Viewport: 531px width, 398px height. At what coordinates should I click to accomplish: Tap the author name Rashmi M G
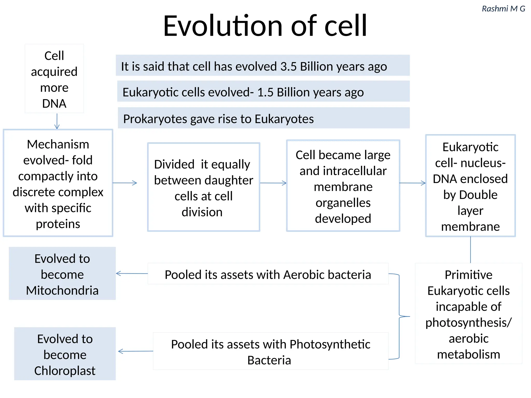point(503,9)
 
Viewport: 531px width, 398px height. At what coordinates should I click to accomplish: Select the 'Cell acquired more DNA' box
point(54,78)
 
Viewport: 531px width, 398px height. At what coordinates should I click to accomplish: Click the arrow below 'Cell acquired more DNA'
point(57,121)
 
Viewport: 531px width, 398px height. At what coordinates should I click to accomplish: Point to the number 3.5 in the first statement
point(288,67)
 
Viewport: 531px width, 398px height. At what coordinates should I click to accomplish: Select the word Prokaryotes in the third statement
point(155,119)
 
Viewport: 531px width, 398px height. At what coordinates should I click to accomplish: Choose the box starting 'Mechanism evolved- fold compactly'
point(58,183)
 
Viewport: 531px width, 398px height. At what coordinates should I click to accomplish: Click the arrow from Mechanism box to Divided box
point(125,183)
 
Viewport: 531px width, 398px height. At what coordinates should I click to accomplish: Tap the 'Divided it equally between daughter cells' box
point(204,187)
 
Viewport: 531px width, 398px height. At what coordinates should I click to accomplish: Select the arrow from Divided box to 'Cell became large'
point(273,183)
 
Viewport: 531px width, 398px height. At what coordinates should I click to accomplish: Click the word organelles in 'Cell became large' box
point(343,203)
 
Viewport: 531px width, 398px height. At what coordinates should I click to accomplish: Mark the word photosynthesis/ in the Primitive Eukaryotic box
point(469,323)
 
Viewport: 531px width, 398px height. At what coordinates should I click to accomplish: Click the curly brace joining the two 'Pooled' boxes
point(399,316)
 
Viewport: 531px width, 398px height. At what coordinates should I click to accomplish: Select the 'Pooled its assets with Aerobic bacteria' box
point(268,274)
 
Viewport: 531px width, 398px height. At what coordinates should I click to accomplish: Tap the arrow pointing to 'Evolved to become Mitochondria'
point(132,273)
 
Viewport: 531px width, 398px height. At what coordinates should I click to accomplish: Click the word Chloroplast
point(65,371)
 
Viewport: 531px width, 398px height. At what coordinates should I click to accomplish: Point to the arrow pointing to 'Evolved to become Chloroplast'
point(136,351)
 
